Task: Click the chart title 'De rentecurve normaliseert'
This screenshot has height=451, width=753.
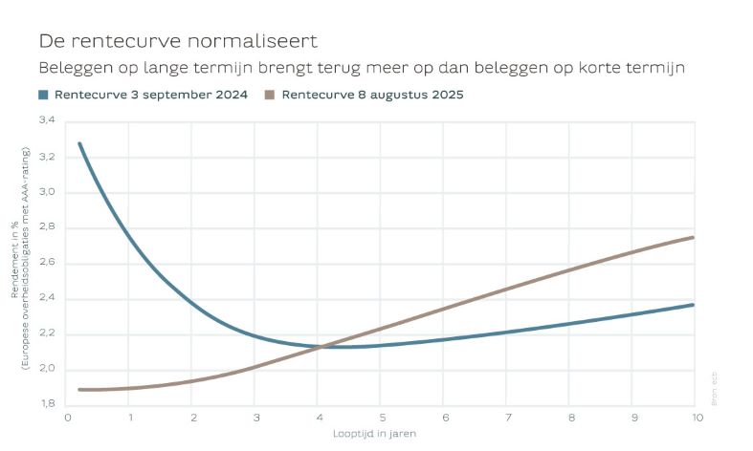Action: point(177,42)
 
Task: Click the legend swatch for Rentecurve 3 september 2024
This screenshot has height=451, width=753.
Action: point(43,95)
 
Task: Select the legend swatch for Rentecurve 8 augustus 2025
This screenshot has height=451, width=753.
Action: point(270,95)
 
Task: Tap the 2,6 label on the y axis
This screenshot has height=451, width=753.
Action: point(47,263)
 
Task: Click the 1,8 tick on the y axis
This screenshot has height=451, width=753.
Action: point(47,404)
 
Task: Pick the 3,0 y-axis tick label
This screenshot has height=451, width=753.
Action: point(47,192)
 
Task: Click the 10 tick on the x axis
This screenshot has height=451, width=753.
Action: point(693,418)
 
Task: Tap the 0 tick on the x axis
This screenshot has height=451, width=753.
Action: point(67,418)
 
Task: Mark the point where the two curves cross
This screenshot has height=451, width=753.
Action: point(321,346)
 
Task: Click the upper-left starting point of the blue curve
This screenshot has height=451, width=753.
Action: point(79,143)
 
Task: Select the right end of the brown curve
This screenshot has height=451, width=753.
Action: point(693,237)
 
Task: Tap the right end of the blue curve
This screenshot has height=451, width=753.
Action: point(693,305)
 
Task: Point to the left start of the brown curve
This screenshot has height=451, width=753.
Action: point(79,389)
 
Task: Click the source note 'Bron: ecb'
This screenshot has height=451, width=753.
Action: point(715,389)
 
